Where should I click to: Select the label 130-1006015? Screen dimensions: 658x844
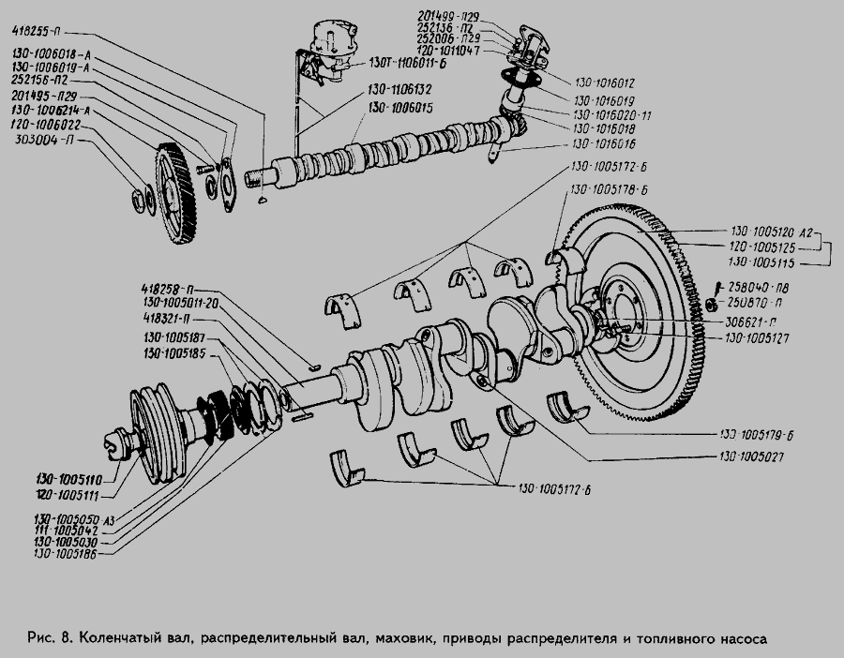click(x=404, y=109)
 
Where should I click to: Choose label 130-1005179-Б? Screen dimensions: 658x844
click(x=757, y=436)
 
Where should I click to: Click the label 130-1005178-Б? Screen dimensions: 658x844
click(x=610, y=189)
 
